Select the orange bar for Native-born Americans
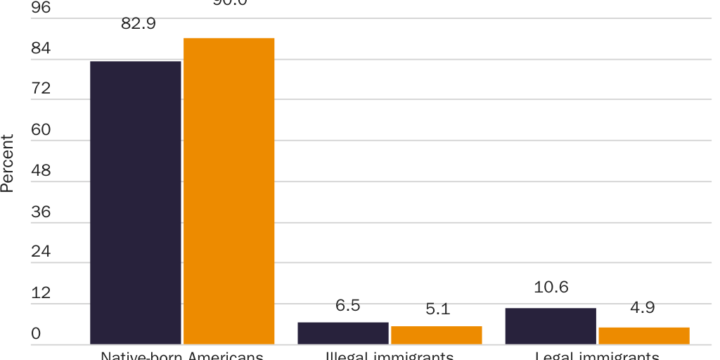(229, 191)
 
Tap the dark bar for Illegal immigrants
(343, 333)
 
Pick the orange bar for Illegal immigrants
(436, 335)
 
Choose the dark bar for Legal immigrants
(551, 326)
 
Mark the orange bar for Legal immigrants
(644, 336)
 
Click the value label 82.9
(139, 23)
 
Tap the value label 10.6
(551, 287)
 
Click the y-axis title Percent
(8, 163)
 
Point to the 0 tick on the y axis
(36, 334)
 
